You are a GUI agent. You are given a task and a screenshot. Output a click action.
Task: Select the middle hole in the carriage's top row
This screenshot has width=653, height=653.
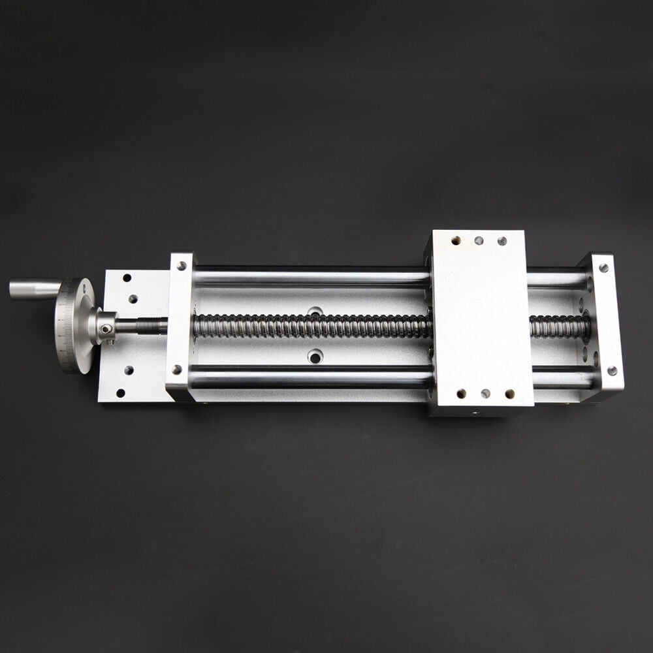479,240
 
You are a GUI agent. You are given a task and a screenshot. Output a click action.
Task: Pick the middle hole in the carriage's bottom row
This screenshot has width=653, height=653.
485,394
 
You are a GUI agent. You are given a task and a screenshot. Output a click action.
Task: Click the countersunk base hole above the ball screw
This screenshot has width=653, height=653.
315,311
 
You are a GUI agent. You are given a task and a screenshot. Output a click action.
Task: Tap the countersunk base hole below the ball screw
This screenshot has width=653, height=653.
315,357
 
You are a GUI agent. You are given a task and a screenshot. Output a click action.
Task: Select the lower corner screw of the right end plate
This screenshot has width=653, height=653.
611,371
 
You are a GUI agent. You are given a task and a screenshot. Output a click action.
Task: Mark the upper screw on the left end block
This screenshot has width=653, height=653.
181,266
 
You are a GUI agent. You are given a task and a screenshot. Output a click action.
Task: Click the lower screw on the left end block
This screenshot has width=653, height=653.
177,370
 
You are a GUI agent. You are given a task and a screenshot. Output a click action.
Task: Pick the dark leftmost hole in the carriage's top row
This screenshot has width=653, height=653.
456,240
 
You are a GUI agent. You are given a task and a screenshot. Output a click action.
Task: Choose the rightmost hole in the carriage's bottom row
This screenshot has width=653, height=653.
509,394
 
